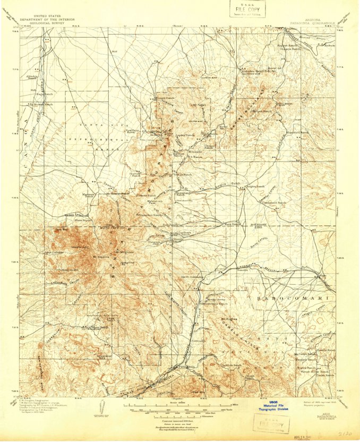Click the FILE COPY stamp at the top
pos(245,10)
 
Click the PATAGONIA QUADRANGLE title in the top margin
pos(312,23)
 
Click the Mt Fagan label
pos(198,105)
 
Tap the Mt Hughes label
pos(228,319)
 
